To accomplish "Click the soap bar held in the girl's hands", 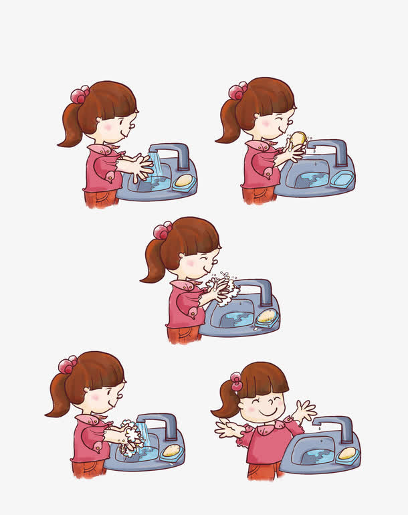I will click(x=298, y=138).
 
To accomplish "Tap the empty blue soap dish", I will click(x=341, y=179).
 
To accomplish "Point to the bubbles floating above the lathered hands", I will click(x=225, y=275).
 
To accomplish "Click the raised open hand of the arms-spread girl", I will click(x=305, y=409).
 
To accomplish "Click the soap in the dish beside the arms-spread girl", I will click(x=346, y=453).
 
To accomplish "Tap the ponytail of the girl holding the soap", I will click(x=229, y=123).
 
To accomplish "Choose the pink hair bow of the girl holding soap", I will click(x=237, y=90).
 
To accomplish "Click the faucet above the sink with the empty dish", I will click(x=329, y=150).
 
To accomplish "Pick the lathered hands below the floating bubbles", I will click(x=220, y=290).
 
